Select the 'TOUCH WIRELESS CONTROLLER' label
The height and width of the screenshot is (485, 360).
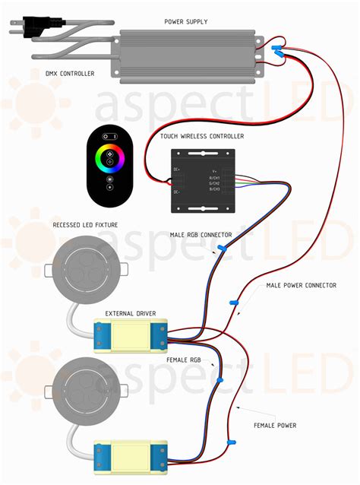pos(201,135)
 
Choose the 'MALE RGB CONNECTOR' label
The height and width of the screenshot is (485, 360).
pos(201,234)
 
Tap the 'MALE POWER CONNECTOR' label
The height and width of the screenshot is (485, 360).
pos(301,286)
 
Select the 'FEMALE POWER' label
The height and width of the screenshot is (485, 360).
pos(274,425)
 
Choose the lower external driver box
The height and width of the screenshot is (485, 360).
pos(130,456)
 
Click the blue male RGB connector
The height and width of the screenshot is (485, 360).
pos(221,248)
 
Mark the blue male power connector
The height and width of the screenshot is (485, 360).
pos(235,303)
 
